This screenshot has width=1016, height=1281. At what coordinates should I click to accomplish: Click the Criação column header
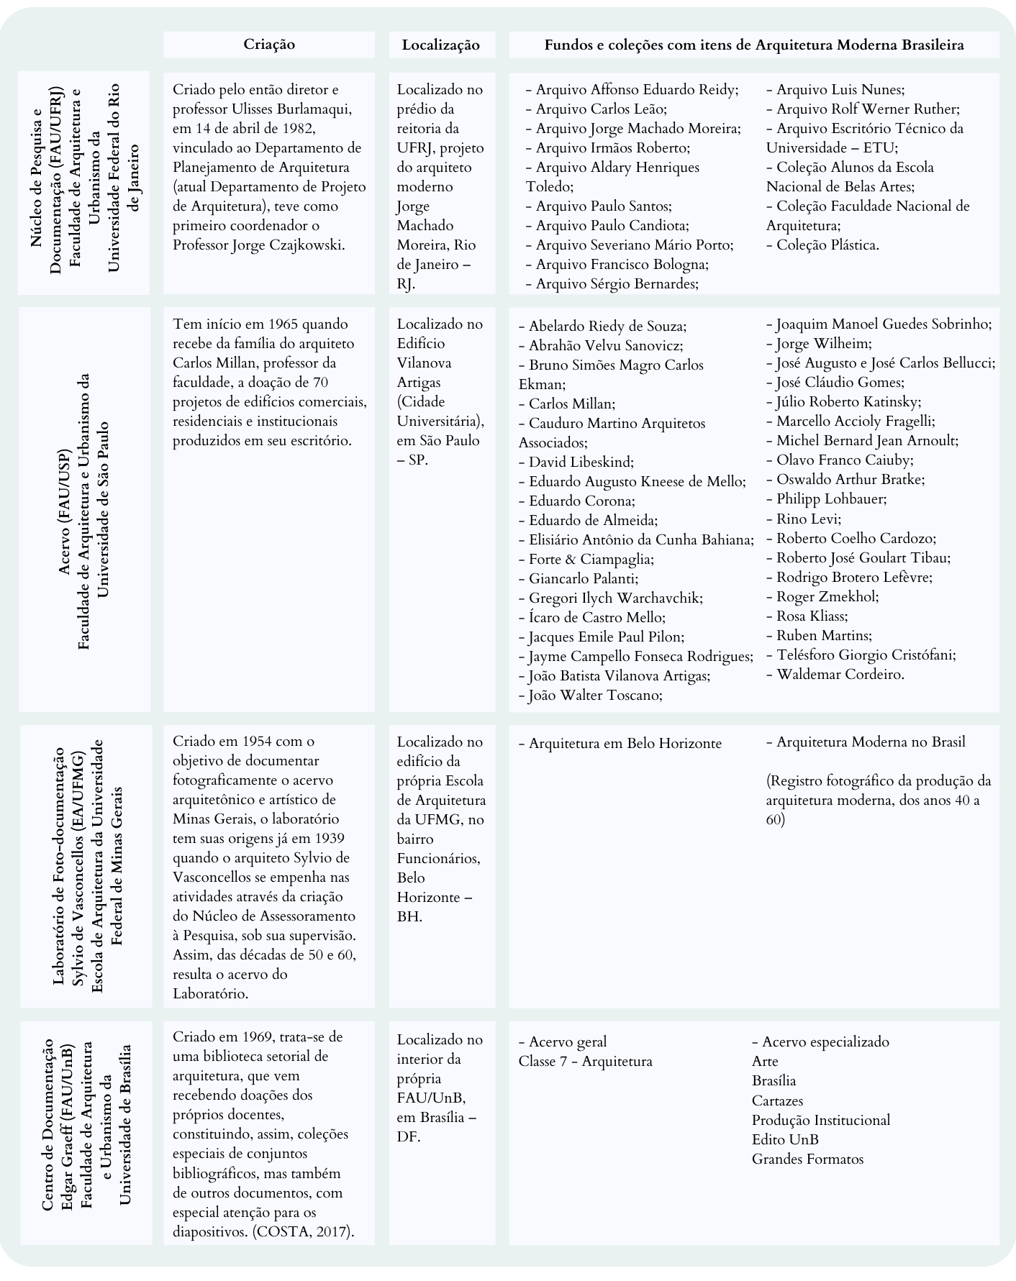coord(269,45)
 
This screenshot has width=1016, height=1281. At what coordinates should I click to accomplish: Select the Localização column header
coord(440,45)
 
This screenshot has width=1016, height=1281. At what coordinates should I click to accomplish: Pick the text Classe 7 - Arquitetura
coord(585,1062)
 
